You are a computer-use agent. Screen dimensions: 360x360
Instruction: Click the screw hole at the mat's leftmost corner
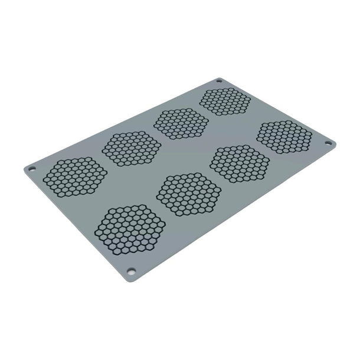click(x=32, y=169)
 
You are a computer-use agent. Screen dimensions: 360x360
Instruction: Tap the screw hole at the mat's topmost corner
click(x=219, y=81)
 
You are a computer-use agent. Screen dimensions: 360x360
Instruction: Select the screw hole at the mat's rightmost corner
click(x=329, y=143)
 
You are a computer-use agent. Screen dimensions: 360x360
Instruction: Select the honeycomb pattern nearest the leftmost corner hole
click(x=76, y=176)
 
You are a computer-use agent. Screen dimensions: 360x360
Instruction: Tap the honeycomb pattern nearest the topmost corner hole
click(x=225, y=102)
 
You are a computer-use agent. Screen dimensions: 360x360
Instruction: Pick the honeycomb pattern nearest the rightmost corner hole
click(x=284, y=136)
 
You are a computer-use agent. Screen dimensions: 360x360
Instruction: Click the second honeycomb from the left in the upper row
click(x=131, y=148)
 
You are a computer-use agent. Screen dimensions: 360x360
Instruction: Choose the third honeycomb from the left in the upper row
click(x=181, y=123)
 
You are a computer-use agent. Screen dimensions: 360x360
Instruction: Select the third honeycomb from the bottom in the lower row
click(x=240, y=163)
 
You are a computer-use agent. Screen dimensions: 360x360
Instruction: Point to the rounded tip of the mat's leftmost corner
click(x=24, y=169)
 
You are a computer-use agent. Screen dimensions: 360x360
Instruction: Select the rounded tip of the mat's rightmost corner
click(x=336, y=143)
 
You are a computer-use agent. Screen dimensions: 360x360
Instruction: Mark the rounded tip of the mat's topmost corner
click(x=220, y=77)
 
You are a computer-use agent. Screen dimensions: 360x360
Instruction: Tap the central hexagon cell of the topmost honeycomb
click(x=225, y=102)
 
